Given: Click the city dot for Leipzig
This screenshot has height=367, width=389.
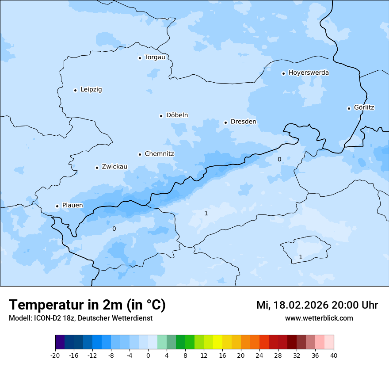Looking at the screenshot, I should tap(75, 90).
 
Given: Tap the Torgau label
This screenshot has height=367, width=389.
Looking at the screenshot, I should tap(155, 57).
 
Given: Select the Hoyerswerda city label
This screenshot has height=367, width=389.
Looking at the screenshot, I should tap(309, 73).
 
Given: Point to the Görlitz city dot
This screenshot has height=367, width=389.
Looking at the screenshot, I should tap(349, 108).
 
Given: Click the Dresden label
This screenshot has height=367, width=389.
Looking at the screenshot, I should tap(243, 122).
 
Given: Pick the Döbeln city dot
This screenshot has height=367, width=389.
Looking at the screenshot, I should tap(161, 116).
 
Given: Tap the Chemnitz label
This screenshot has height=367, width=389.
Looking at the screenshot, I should tap(159, 154).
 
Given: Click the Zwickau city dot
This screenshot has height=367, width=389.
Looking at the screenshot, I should tap(97, 168).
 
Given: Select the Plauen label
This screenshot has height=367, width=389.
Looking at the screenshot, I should tap(72, 206).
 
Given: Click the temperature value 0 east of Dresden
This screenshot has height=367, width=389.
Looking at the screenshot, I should tap(279, 159).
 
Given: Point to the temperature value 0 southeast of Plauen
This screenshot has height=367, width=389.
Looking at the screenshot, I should tap(114, 229).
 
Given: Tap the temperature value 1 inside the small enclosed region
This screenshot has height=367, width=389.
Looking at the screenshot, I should tap(301, 257).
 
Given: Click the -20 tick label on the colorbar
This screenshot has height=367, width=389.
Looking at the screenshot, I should tap(55, 356).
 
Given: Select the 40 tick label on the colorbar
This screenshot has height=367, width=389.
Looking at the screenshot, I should tap(334, 356).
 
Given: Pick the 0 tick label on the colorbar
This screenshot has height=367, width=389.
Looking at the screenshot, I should tap(148, 356).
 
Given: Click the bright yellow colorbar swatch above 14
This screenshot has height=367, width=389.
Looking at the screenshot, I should tap(217, 342).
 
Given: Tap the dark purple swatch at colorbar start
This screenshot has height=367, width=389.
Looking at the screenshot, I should tap(60, 342).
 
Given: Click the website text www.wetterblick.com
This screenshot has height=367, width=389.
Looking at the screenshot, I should tap(319, 318).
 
